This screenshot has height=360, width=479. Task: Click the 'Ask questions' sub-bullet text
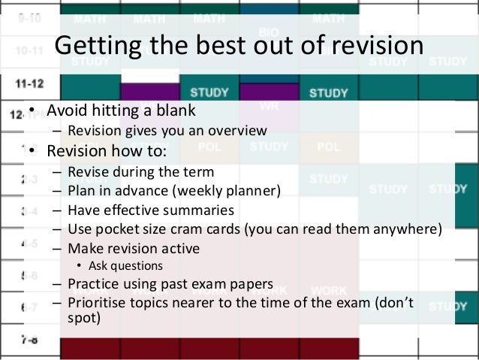point(125,265)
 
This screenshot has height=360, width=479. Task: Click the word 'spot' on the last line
point(80,317)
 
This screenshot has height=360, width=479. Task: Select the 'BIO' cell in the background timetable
point(269,32)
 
